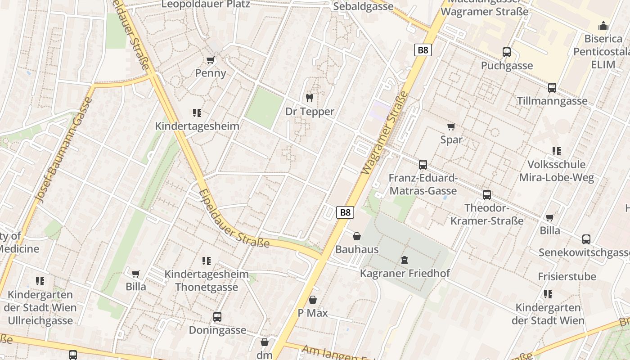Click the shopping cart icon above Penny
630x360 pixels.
pyautogui.click(x=210, y=60)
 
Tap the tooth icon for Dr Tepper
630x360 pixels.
pyautogui.click(x=310, y=98)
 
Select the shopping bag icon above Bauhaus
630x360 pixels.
pyautogui.click(x=357, y=236)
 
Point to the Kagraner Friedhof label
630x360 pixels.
pyautogui.click(x=405, y=273)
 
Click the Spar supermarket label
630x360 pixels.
pyautogui.click(x=451, y=139)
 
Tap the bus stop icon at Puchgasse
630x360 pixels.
pyautogui.click(x=507, y=52)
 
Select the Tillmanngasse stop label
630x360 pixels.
pyautogui.click(x=552, y=101)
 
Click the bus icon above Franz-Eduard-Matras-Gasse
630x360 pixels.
pyautogui.click(x=423, y=165)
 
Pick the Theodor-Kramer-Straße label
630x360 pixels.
pyautogui.click(x=487, y=215)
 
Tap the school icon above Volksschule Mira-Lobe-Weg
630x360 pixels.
pyautogui.click(x=557, y=151)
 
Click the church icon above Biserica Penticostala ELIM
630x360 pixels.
pyautogui.click(x=603, y=26)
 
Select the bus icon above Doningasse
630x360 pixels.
pyautogui.click(x=217, y=317)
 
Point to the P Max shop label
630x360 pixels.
pyautogui.click(x=313, y=313)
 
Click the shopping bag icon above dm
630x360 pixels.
pyautogui.click(x=265, y=342)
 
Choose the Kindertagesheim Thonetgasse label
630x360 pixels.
pyautogui.click(x=207, y=280)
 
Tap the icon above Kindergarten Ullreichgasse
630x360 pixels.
pyautogui.click(x=40, y=281)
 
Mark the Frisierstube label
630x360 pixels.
pyautogui.click(x=567, y=276)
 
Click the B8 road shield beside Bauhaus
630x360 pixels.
pyautogui.click(x=345, y=212)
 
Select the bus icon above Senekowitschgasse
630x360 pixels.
pyautogui.click(x=586, y=239)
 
